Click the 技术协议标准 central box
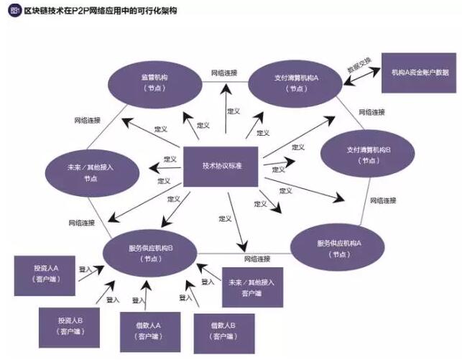(222, 167)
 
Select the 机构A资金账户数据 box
(420, 73)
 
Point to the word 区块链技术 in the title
(44, 11)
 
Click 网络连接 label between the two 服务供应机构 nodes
(257, 258)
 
